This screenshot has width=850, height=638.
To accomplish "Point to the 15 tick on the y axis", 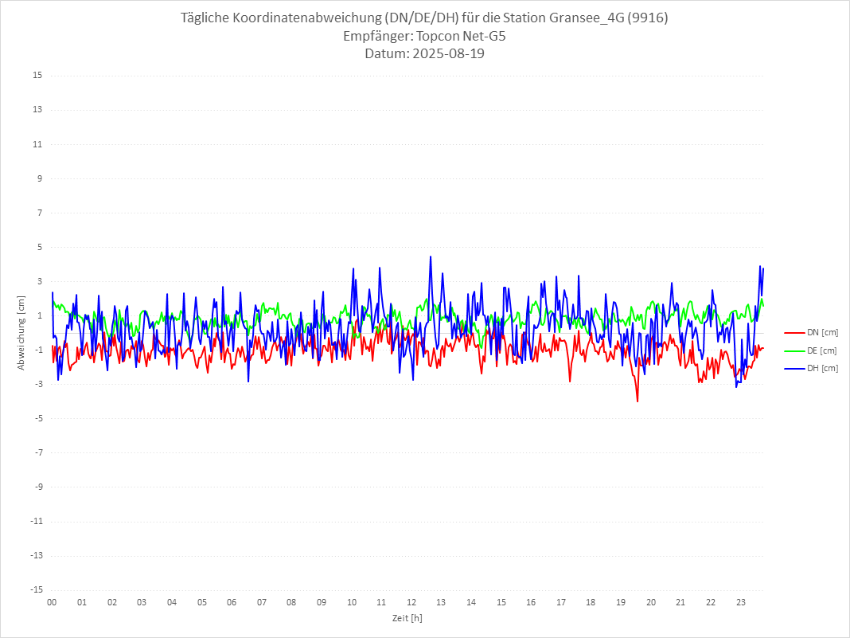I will [37, 76].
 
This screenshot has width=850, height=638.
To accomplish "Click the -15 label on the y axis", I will [36, 590].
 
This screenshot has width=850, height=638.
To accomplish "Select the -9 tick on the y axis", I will [37, 487].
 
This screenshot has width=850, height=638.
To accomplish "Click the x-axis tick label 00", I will [52, 603].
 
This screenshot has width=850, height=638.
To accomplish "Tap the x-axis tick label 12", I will [411, 603].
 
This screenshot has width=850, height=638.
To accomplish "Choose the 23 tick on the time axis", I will [741, 603].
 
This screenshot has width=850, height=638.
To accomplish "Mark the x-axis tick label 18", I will [591, 603].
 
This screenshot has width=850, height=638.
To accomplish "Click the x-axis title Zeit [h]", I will [407, 618].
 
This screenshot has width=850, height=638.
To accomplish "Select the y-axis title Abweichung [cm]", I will [21, 333].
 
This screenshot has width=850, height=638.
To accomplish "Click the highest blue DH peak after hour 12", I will [431, 256].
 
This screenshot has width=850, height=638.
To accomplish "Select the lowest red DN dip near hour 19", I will [637, 401].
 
